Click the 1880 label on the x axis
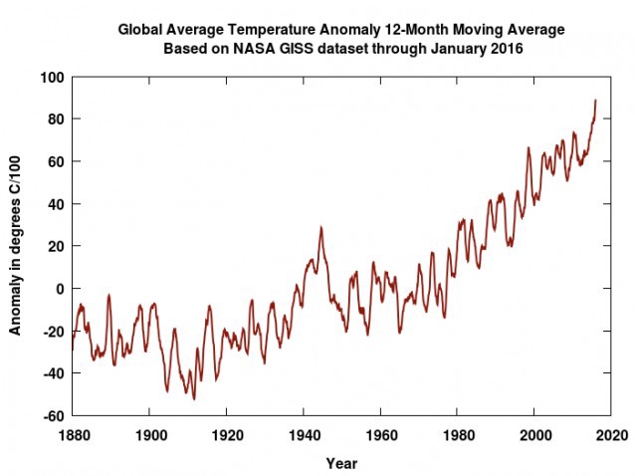click(72, 434)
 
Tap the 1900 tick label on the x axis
click(148, 434)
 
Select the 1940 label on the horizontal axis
click(303, 434)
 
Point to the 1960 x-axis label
click(380, 434)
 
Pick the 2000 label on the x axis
click(534, 434)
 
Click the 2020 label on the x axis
click(611, 434)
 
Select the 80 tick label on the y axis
click(56, 119)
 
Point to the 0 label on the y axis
click(60, 289)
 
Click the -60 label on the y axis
click(54, 416)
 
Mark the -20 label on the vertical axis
click(54, 332)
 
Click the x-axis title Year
click(341, 463)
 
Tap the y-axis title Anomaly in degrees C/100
click(17, 246)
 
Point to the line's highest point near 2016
click(595, 100)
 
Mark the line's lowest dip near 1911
click(193, 399)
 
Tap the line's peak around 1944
click(320, 226)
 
